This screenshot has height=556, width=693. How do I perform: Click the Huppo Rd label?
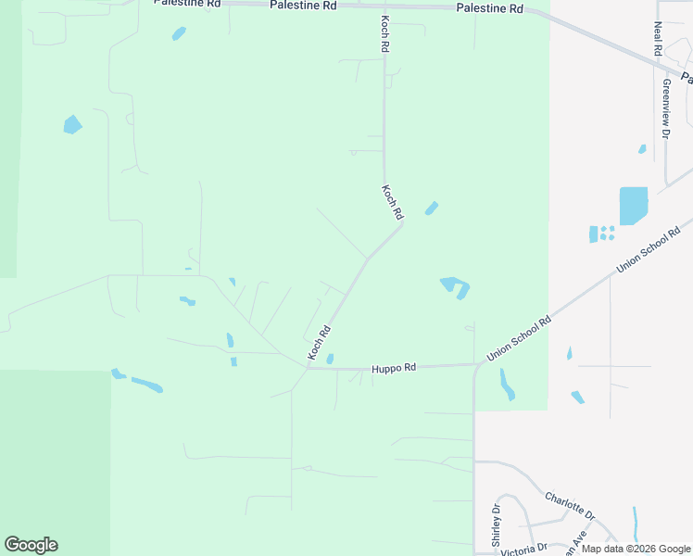pyautogui.click(x=394, y=367)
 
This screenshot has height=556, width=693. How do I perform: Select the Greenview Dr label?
pyautogui.click(x=665, y=107)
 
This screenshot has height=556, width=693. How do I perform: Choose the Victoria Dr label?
pyautogui.click(x=524, y=549)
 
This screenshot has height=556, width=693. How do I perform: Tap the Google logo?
pyautogui.click(x=31, y=545)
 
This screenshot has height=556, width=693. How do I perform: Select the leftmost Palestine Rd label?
pyautogui.click(x=187, y=3)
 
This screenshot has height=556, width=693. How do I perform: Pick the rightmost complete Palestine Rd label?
pyautogui.click(x=490, y=8)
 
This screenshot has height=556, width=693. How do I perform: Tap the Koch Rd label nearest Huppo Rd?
pyautogui.click(x=320, y=342)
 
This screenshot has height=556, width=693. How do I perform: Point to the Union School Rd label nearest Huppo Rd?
pyautogui.click(x=519, y=338)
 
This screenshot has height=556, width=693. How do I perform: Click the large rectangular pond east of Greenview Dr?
pyautogui.click(x=633, y=206)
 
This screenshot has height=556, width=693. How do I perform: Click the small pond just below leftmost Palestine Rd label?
pyautogui.click(x=179, y=33)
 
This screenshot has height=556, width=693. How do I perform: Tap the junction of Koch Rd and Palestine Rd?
pyautogui.click(x=384, y=6)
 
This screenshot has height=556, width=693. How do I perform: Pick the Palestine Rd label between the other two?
pyautogui.click(x=303, y=5)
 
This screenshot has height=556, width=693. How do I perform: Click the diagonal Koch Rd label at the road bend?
pyautogui.click(x=393, y=201)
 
